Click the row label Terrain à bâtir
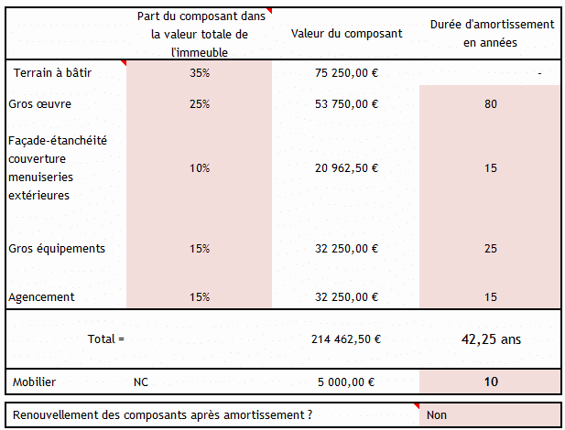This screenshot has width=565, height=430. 53,72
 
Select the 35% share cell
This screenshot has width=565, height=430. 200,72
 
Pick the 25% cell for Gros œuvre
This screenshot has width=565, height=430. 200,103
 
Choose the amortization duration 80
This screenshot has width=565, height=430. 490,103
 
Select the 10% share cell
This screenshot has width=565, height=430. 200,167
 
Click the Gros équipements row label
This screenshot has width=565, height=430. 56,248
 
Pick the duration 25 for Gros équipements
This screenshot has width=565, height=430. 490,248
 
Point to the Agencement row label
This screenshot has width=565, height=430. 41,297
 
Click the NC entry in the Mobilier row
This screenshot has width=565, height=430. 141,382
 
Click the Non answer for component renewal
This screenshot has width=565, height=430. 437,414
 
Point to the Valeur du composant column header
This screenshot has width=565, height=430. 345,34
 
